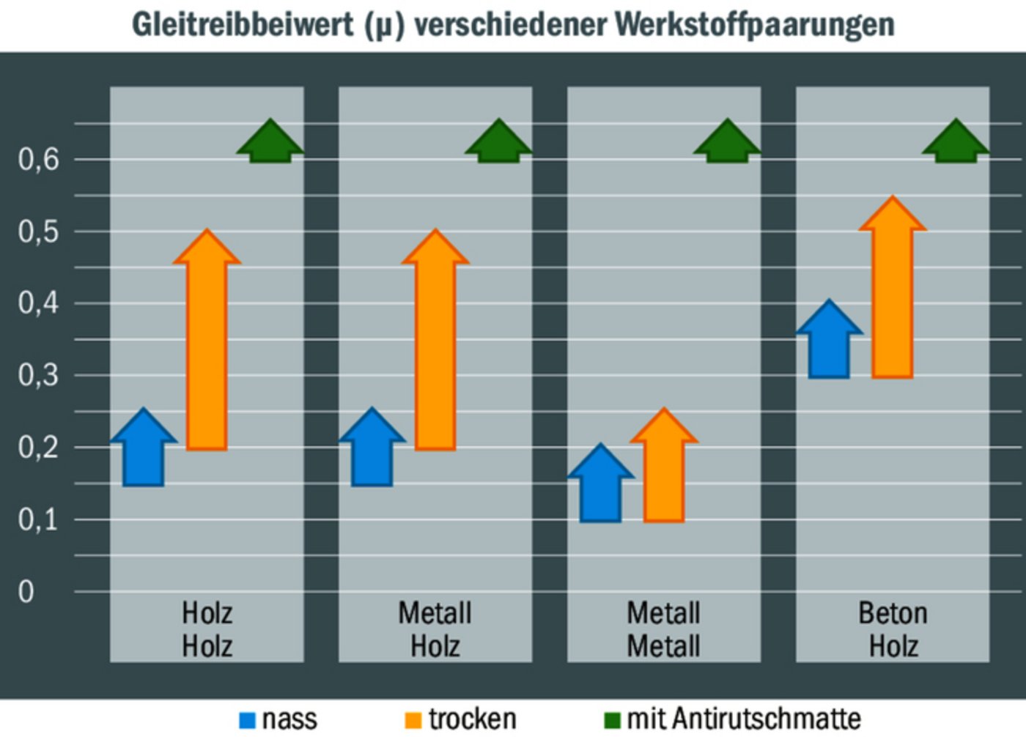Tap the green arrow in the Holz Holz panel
pyautogui.click(x=270, y=143)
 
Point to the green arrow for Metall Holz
pyautogui.click(x=499, y=143)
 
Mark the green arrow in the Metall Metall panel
pyautogui.click(x=728, y=143)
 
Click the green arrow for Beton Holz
pyautogui.click(x=956, y=143)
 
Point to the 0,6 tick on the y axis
pyautogui.click(x=39, y=159)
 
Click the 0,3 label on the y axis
pyautogui.click(x=39, y=375)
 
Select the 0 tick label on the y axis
pyautogui.click(x=26, y=591)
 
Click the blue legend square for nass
pyautogui.click(x=248, y=720)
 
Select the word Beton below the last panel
pyautogui.click(x=893, y=613)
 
